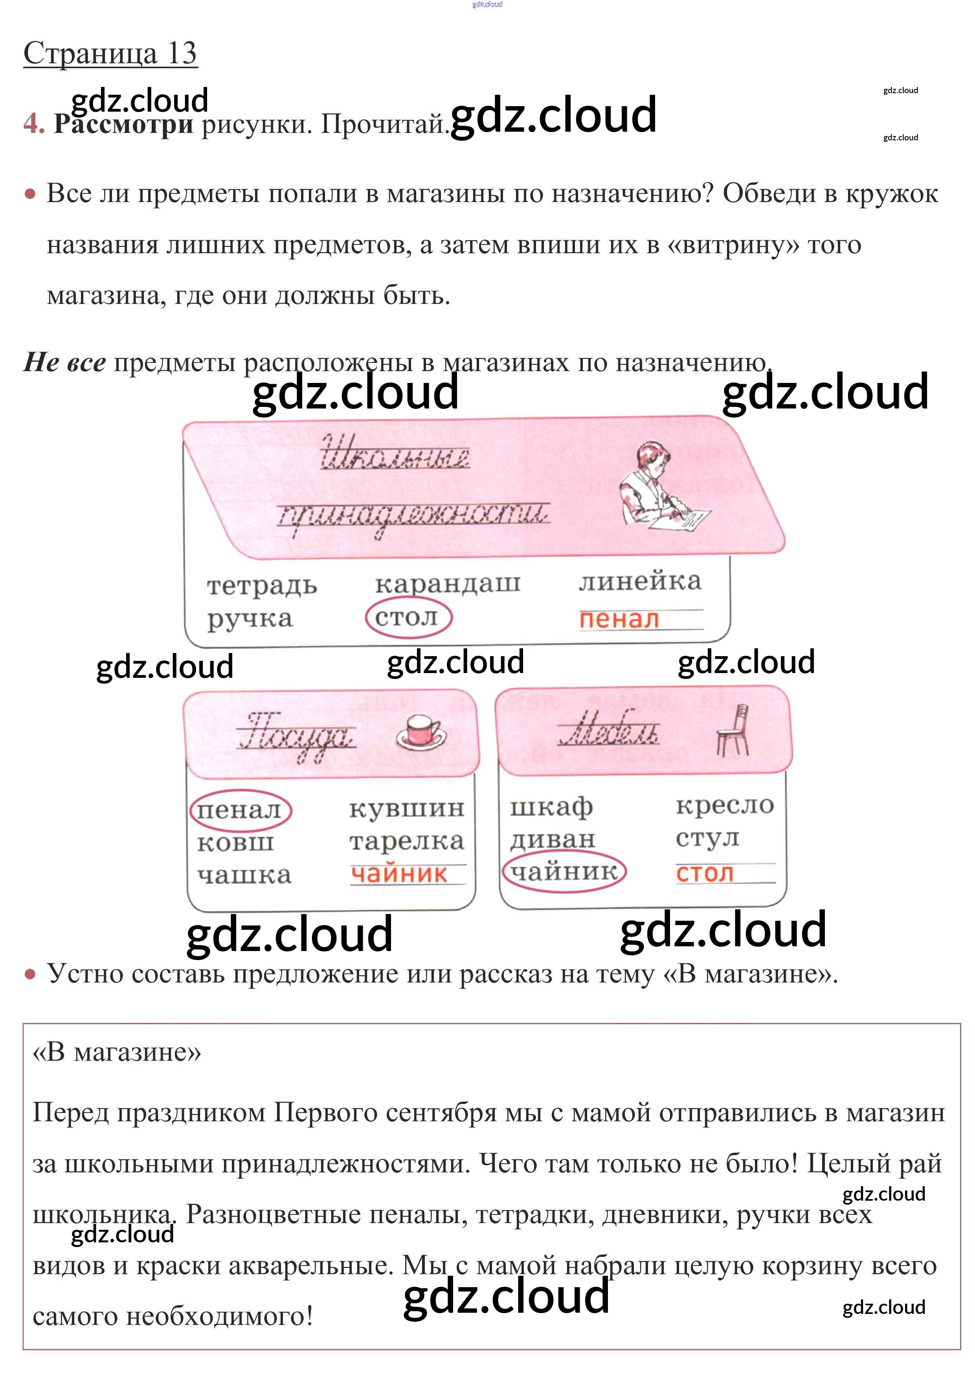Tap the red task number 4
(33, 124)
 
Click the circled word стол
(408, 618)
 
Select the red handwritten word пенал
(619, 620)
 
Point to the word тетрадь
(261, 586)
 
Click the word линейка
(640, 581)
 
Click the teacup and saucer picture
(421, 731)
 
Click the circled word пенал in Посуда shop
(239, 810)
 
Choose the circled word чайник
(564, 872)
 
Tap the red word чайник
(399, 874)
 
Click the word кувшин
(406, 808)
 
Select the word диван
(552, 839)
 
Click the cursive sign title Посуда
(296, 734)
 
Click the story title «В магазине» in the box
(117, 1052)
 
